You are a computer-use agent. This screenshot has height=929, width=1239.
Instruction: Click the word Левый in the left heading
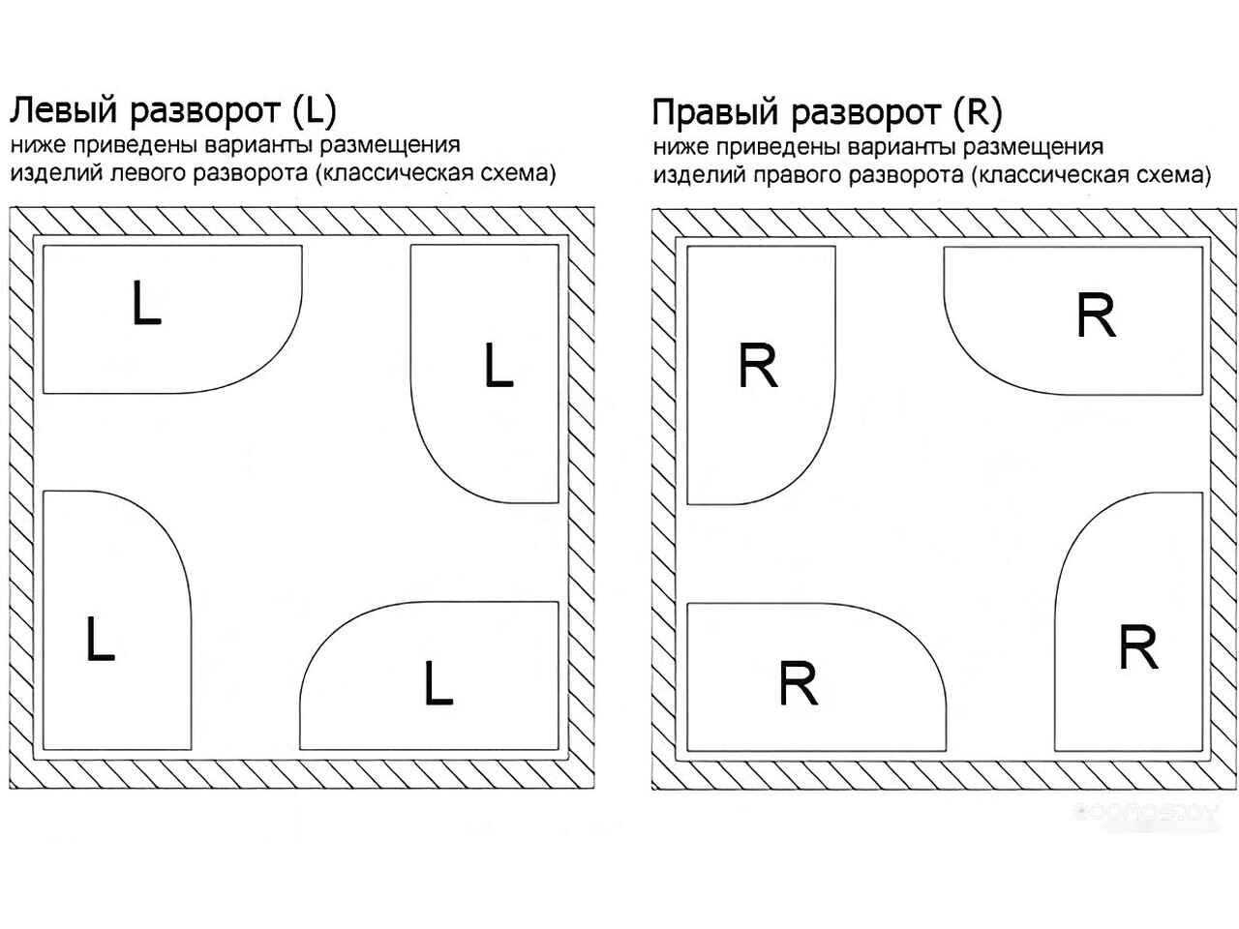[63, 110]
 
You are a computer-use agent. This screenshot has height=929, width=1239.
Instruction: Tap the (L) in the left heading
[313, 110]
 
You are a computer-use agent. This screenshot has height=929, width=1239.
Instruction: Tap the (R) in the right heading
[978, 113]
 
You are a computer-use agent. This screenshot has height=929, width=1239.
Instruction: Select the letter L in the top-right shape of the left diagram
[498, 366]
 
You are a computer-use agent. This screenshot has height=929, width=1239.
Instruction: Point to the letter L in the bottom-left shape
[100, 639]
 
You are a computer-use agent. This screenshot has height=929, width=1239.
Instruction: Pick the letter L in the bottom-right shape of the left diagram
[438, 683]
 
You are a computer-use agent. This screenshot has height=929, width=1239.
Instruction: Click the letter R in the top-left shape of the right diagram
[758, 366]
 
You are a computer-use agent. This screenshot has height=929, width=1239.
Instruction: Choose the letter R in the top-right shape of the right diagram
[1096, 315]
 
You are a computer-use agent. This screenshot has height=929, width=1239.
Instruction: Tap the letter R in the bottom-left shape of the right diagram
[798, 683]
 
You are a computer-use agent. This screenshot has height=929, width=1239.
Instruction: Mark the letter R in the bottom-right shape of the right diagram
[1137, 647]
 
